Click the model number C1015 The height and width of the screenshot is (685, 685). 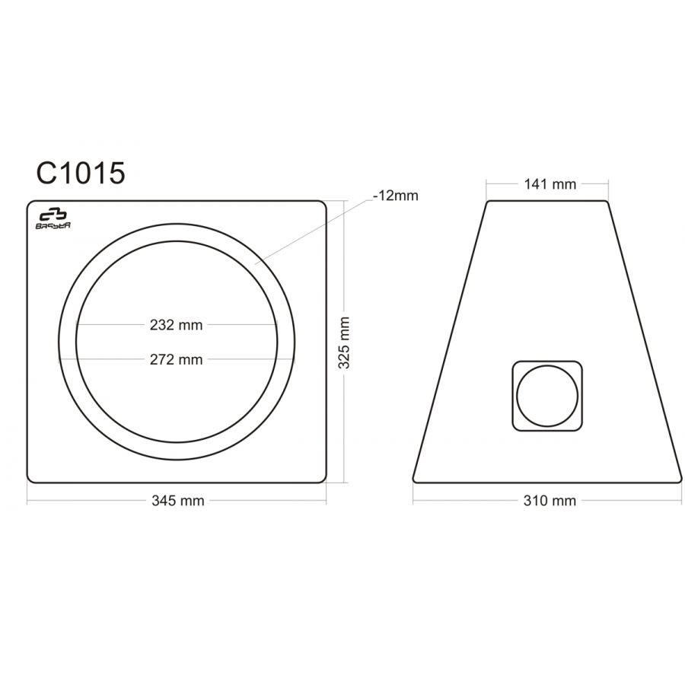[80, 174]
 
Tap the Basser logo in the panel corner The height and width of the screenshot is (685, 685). [53, 218]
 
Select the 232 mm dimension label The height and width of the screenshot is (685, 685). [177, 325]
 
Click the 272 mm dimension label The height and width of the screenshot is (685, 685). [177, 359]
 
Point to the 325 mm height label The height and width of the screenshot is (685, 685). [345, 342]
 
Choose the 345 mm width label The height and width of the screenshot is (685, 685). [177, 501]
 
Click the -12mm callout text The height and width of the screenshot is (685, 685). [396, 196]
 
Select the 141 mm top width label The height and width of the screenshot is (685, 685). [547, 183]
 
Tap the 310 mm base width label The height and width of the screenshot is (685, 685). [547, 501]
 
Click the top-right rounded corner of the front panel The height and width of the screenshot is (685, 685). [323, 204]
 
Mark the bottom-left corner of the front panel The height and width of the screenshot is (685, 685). [31, 479]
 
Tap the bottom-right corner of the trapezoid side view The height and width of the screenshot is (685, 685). [680, 479]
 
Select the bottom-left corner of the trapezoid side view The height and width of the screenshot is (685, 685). [416, 479]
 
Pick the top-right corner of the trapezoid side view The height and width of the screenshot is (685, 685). [607, 202]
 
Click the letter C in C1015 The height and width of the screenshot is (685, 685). [46, 174]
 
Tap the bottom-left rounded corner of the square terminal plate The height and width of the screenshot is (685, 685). [514, 427]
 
